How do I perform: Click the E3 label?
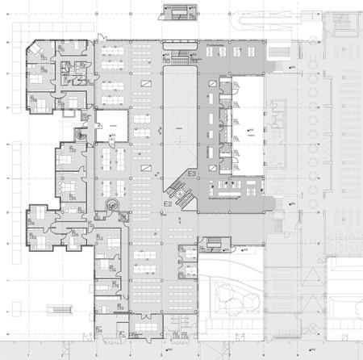[x=192, y=174]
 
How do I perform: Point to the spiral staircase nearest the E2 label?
[x=114, y=207]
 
